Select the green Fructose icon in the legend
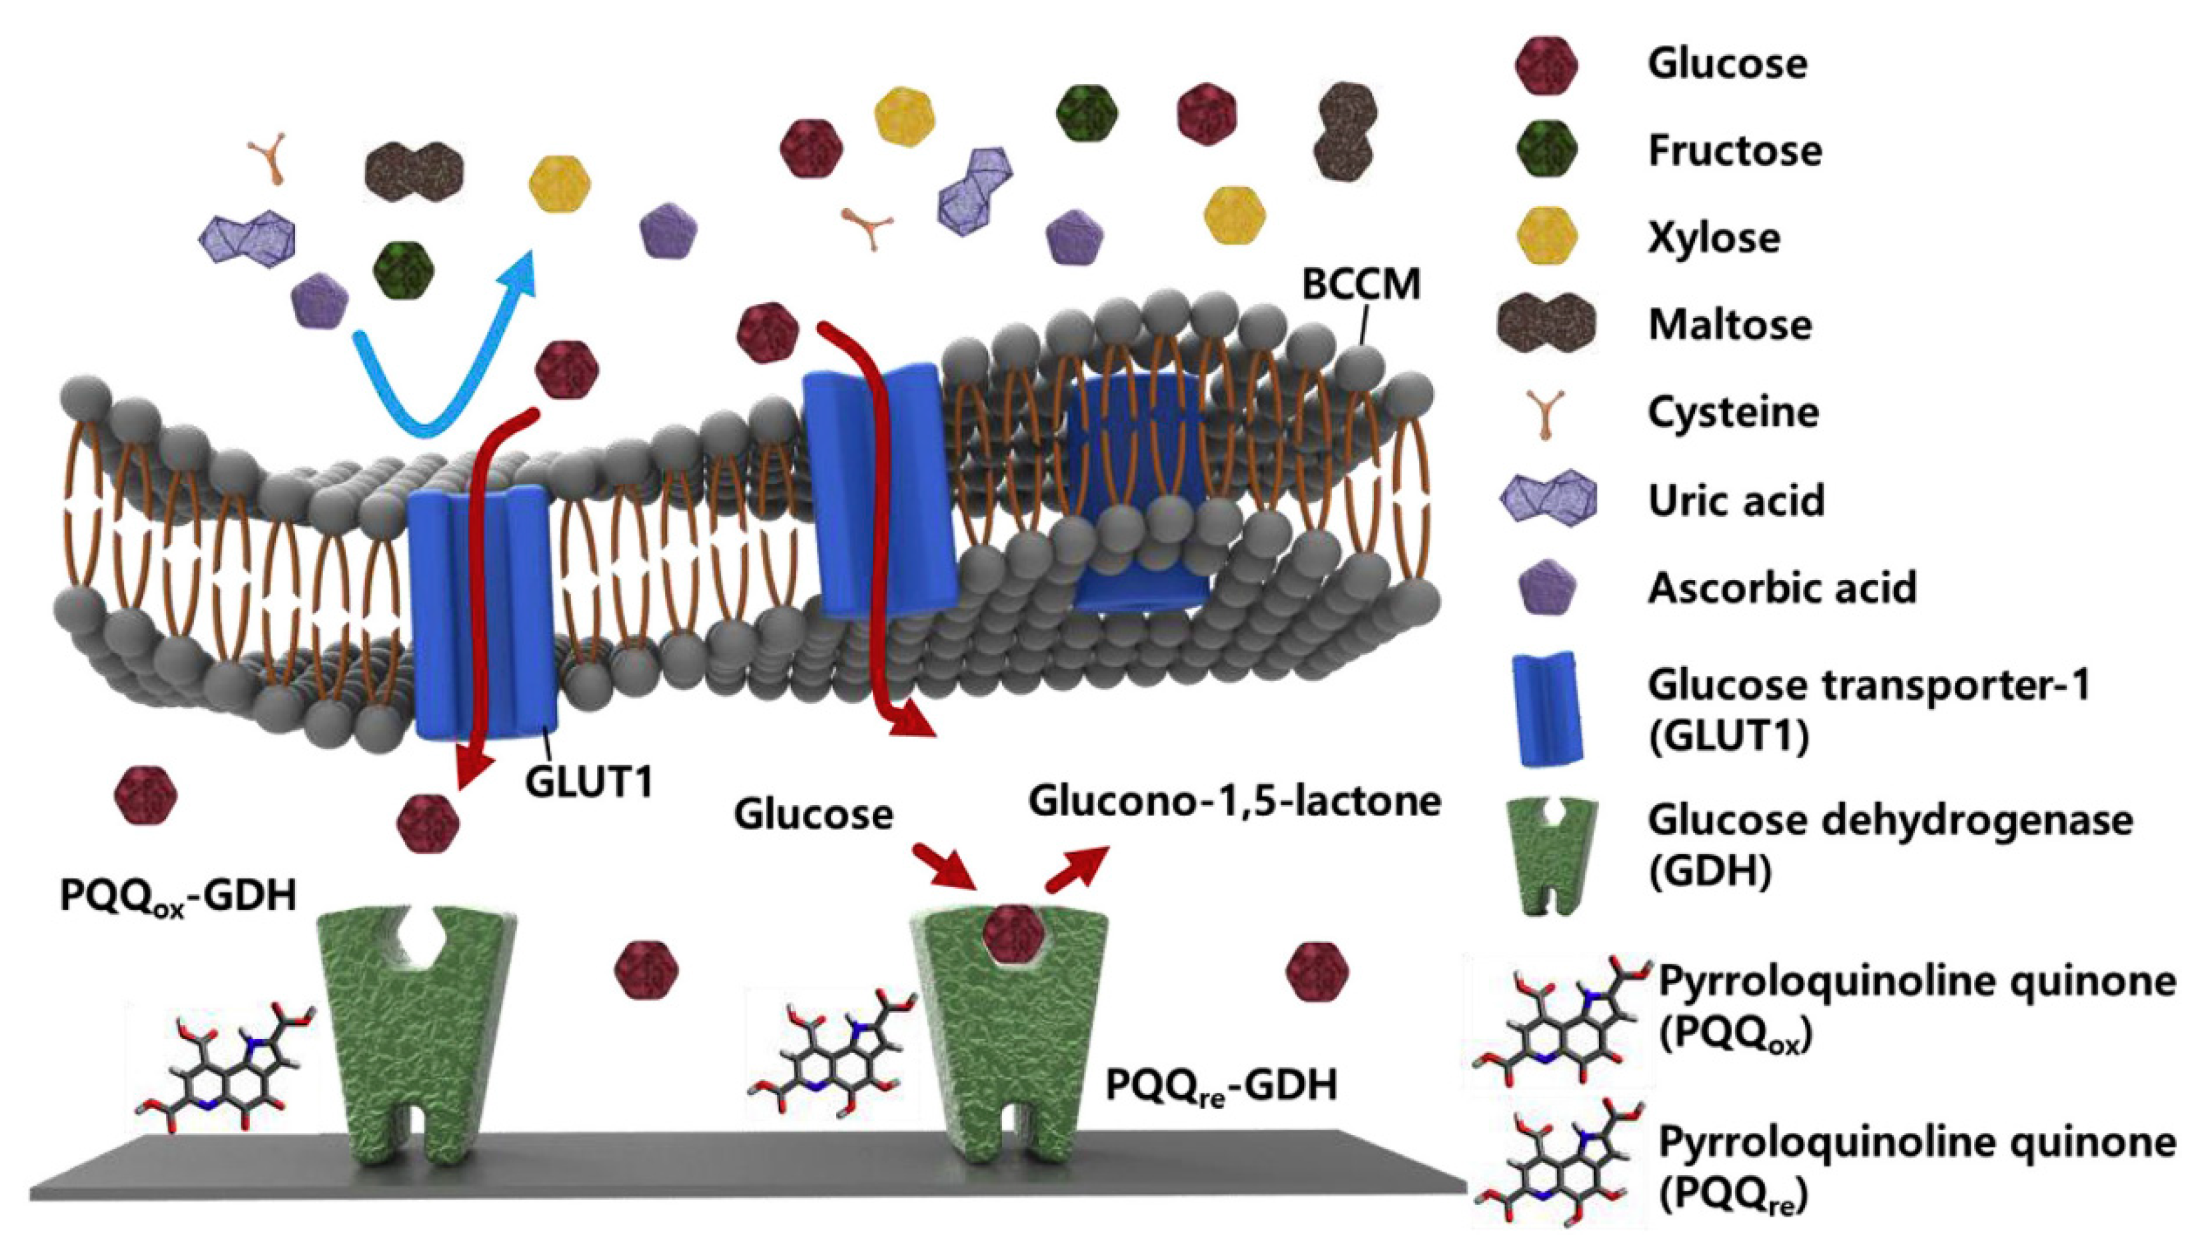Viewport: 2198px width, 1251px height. coord(1546,151)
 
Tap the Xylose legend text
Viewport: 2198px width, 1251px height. coord(1714,238)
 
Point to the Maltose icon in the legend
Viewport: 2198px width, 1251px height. coord(1546,325)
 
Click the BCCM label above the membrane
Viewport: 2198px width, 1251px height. coord(1361,285)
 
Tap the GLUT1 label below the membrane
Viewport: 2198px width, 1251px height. coord(589,782)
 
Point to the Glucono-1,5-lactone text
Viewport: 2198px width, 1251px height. coord(1235,802)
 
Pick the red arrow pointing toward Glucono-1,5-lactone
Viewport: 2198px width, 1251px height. coord(1075,870)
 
